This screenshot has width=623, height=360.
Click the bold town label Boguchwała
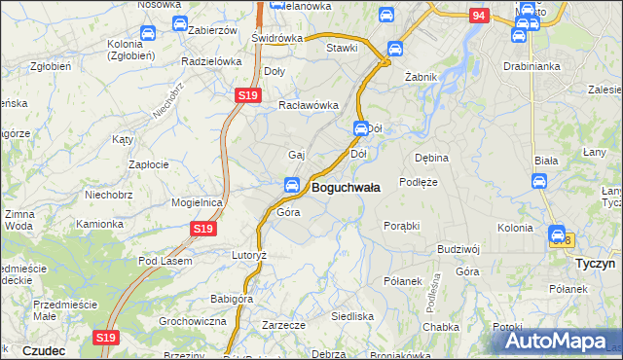pos(346,186)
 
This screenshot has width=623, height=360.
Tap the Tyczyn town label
pos(591,264)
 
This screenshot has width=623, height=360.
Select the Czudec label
pos(43,349)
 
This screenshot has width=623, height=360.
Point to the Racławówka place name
pos(308,105)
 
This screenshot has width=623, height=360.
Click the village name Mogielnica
pos(198,202)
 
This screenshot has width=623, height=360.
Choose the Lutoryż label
pos(248,254)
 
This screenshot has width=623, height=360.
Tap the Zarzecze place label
pos(284,324)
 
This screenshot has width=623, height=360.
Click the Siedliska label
pos(352,316)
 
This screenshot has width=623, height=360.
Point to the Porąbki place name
pos(401,225)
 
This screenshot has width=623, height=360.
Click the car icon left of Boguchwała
pos(291,186)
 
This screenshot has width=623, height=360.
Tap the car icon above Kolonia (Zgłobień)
pos(147,34)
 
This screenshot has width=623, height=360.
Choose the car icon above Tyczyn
pos(557,234)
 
